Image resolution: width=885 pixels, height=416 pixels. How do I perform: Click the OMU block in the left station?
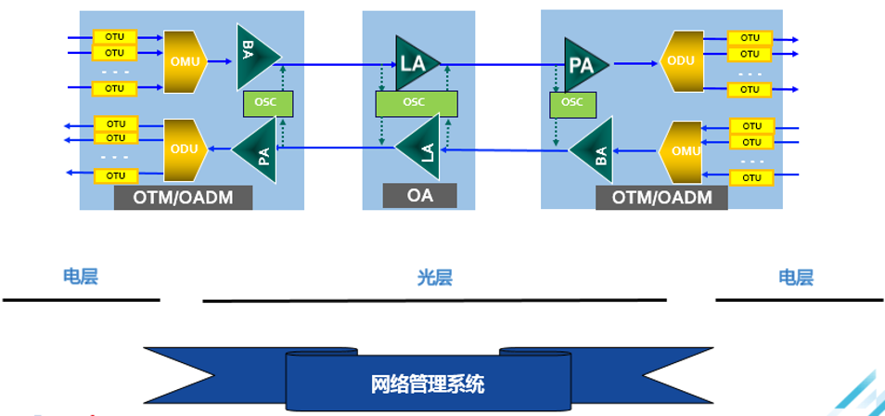point(185,61)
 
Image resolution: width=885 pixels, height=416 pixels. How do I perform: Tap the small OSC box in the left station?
point(267,102)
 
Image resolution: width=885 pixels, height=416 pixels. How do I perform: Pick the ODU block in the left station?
point(185,149)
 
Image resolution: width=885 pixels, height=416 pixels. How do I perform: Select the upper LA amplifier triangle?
point(415,63)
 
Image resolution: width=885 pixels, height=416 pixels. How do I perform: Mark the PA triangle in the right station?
point(584,65)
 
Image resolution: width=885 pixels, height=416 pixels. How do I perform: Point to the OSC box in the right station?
point(572,102)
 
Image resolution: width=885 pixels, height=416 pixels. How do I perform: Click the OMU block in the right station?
point(684,150)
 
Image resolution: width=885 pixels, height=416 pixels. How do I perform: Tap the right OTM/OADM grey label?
point(662,197)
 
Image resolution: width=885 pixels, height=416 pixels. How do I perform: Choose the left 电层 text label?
point(80,276)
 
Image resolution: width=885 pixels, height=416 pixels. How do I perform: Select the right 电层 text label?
point(795,277)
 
